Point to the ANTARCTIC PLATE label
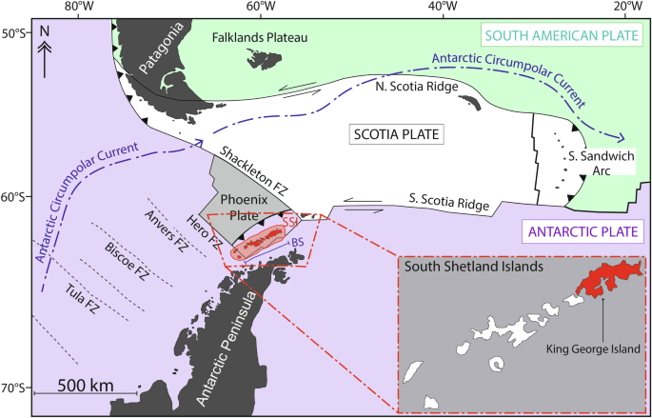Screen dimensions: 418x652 click(x=579, y=231)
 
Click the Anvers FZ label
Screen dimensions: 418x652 click(x=168, y=227)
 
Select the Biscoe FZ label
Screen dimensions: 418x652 click(x=127, y=255)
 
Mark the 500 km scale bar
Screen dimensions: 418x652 click(x=86, y=390)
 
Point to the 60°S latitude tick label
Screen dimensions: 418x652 click(x=16, y=198)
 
